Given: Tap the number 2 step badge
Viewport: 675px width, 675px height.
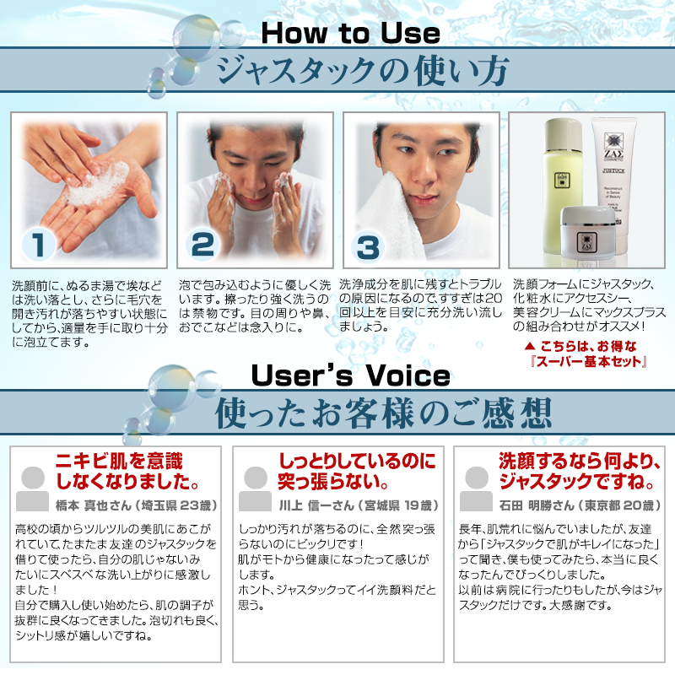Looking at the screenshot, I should tap(202, 244).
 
